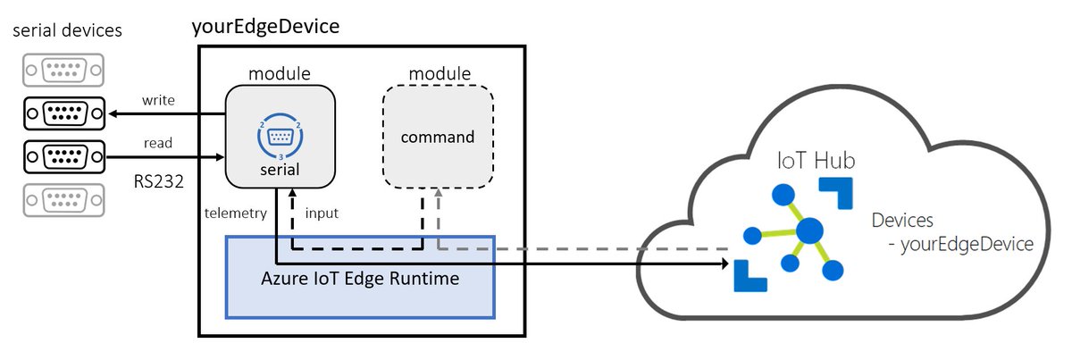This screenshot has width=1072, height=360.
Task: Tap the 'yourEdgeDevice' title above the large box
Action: point(265,27)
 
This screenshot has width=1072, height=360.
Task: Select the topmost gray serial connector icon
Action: point(63,70)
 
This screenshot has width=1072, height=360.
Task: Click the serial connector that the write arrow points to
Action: point(63,113)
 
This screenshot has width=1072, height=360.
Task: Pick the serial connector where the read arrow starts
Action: point(63,155)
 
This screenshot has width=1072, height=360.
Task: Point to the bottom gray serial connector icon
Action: point(63,198)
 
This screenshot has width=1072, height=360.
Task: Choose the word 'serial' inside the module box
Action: point(281,168)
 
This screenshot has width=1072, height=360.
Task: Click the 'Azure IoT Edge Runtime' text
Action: point(360,278)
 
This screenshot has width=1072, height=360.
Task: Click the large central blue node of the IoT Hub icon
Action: point(809,230)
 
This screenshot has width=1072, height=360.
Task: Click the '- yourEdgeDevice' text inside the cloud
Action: point(955,244)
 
